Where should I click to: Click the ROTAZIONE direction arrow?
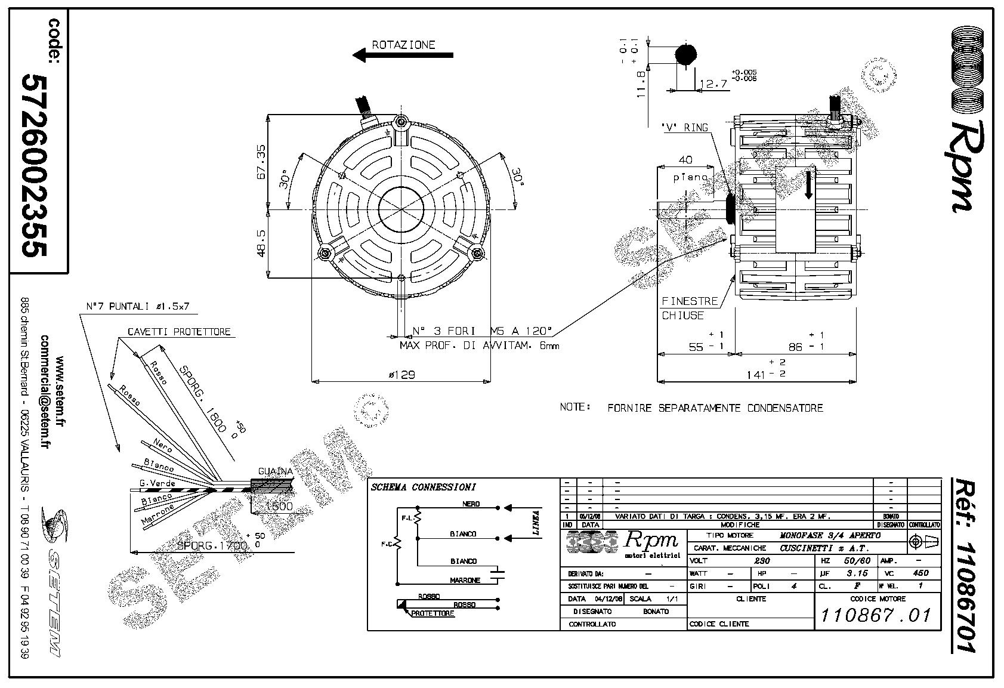click(403, 55)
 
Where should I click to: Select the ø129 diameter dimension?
click(401, 375)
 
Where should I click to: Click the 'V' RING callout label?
click(684, 127)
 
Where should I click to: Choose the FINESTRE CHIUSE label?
click(689, 308)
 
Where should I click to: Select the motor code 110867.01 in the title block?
click(876, 615)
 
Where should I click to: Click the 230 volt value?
click(762, 561)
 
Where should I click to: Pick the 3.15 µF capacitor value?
click(857, 573)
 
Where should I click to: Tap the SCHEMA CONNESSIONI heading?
click(424, 487)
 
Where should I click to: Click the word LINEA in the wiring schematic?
click(536, 523)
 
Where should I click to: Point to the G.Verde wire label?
click(157, 482)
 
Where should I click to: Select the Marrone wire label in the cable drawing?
click(157, 514)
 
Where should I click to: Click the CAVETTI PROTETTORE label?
click(178, 332)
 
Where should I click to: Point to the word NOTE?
click(574, 407)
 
